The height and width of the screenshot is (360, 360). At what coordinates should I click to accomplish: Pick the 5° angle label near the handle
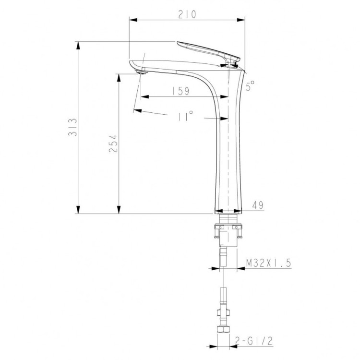(250, 86)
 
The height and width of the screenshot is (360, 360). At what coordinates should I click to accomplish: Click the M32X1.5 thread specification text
(269, 263)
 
